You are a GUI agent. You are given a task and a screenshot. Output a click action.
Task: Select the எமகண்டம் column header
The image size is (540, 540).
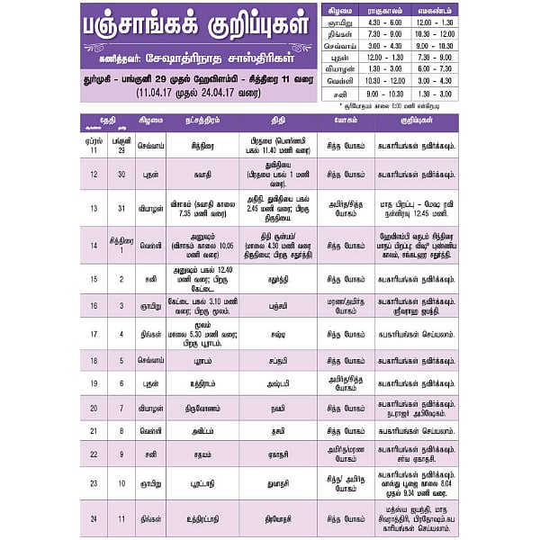(x=435, y=9)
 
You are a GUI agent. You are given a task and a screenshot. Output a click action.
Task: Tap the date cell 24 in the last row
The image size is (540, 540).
(x=94, y=518)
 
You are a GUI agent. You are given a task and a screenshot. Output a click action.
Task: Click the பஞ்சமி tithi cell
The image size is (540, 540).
(x=279, y=306)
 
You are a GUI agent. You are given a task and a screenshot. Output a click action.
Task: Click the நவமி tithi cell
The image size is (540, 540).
(x=279, y=408)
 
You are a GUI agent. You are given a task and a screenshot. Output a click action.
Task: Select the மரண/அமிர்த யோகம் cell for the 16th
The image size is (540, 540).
(x=346, y=306)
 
